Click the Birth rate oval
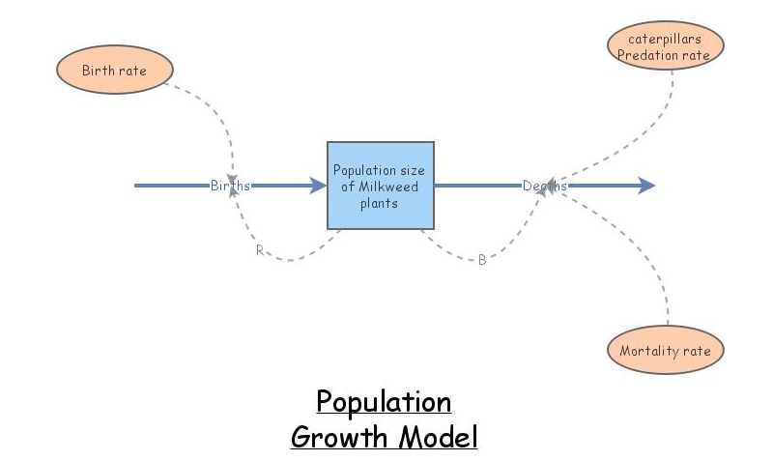tap(114, 71)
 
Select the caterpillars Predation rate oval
tap(666, 46)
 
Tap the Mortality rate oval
tap(666, 351)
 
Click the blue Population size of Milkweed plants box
tap(379, 186)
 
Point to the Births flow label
tap(230, 186)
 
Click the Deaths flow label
tap(545, 186)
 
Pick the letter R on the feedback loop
tap(259, 250)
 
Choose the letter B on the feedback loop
tap(482, 259)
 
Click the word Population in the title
tap(384, 402)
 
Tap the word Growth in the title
tap(338, 438)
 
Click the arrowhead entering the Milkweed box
tap(318, 186)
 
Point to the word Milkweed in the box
tap(390, 187)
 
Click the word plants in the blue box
tap(379, 203)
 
